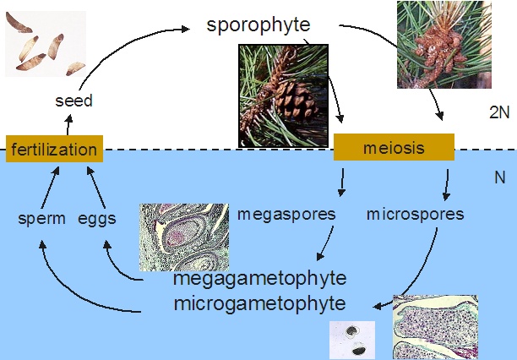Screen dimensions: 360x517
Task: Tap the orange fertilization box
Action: pos(54,149)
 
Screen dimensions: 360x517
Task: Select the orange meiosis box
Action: pos(394,148)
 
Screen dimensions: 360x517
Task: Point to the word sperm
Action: pos(41,218)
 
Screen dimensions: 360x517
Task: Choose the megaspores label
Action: pos(286,214)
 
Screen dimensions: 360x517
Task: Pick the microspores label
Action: pos(415,214)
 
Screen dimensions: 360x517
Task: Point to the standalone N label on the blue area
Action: pos(498,178)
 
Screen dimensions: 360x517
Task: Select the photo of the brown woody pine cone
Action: pos(282,95)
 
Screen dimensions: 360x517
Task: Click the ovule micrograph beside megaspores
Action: pos(183,237)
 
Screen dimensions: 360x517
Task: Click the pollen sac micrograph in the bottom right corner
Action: pos(434,328)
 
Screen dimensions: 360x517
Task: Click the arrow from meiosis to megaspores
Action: pos(341,182)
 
